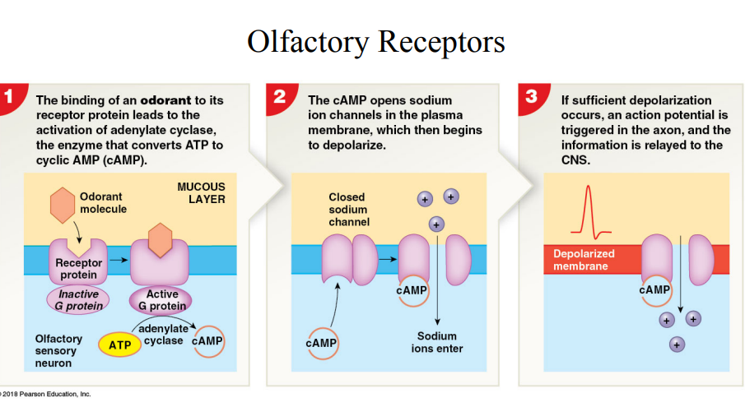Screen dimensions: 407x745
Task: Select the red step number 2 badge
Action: (x=280, y=96)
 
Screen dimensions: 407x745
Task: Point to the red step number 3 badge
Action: (x=531, y=96)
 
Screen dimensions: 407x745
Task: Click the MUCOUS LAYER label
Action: (x=201, y=193)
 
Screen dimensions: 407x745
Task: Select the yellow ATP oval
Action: (x=119, y=344)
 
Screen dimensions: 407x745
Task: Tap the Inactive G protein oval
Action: (x=79, y=300)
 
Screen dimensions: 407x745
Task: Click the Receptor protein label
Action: (x=79, y=269)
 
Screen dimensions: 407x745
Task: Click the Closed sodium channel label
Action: (x=348, y=210)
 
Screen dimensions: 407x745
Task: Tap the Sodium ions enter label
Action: (x=436, y=342)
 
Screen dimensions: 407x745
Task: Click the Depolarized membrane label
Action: (x=581, y=260)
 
